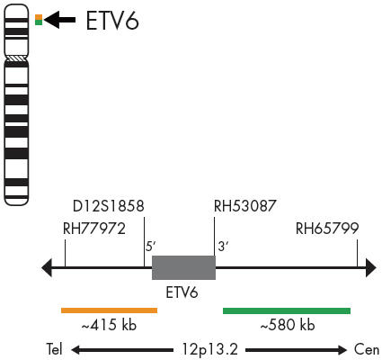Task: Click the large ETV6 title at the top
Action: pos(112,21)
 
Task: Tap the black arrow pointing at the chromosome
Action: pos(59,20)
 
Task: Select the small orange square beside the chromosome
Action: pos(39,17)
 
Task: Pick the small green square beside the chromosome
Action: pos(39,22)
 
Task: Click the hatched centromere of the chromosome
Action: pos(16,58)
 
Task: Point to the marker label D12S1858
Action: pos(109,206)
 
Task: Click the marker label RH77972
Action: pos(94,229)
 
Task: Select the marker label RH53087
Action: pos(244,206)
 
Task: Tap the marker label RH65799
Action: pos(327,229)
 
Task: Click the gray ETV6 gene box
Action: pos(183,267)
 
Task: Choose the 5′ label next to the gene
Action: pos(151,247)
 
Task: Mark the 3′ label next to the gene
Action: pos(224,247)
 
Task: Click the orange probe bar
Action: pos(109,310)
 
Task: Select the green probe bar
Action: pos(287,310)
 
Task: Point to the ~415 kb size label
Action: pos(109,325)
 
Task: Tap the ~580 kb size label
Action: pos(288,325)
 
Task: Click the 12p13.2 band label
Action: pos(210,350)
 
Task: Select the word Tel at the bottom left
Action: pos(54,349)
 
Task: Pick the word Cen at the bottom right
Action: pos(367,350)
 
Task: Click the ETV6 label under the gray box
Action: pos(182,292)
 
